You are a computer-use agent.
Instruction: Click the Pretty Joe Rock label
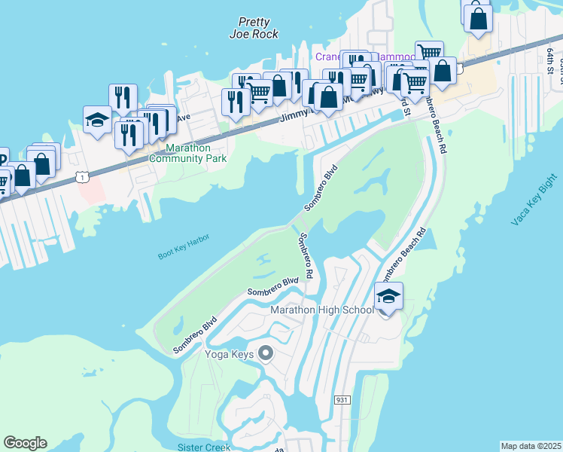(254, 28)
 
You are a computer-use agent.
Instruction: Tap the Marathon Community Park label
(187, 153)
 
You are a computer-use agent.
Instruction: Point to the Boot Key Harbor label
(183, 246)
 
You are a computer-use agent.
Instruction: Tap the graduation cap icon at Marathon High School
(388, 296)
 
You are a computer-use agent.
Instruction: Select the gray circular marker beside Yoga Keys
(265, 353)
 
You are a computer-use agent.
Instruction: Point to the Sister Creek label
(203, 447)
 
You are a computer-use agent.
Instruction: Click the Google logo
(25, 442)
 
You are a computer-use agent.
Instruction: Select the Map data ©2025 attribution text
(530, 446)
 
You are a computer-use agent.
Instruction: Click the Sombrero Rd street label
(306, 256)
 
